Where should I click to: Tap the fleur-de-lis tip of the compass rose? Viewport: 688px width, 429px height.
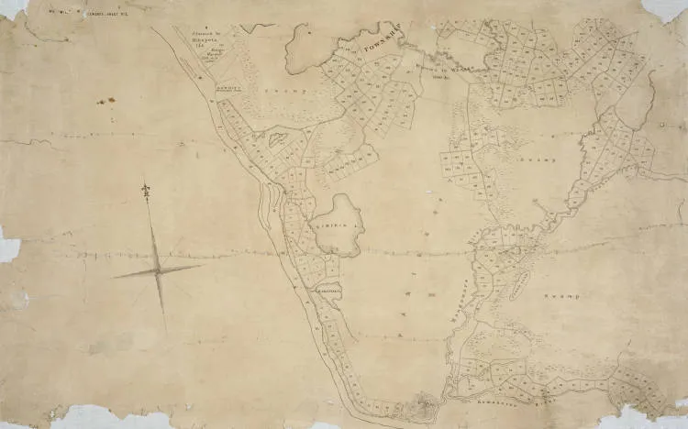tap(145, 190)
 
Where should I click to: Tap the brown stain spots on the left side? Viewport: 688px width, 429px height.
tap(105, 101)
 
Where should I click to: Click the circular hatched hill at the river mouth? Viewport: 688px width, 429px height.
tap(423, 400)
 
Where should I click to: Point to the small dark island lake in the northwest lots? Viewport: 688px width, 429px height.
tap(273, 140)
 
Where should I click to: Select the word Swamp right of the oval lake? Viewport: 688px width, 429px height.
tap(561, 296)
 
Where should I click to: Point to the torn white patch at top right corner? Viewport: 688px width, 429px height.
tap(666, 9)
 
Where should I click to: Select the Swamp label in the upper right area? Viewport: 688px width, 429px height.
tap(541, 159)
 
